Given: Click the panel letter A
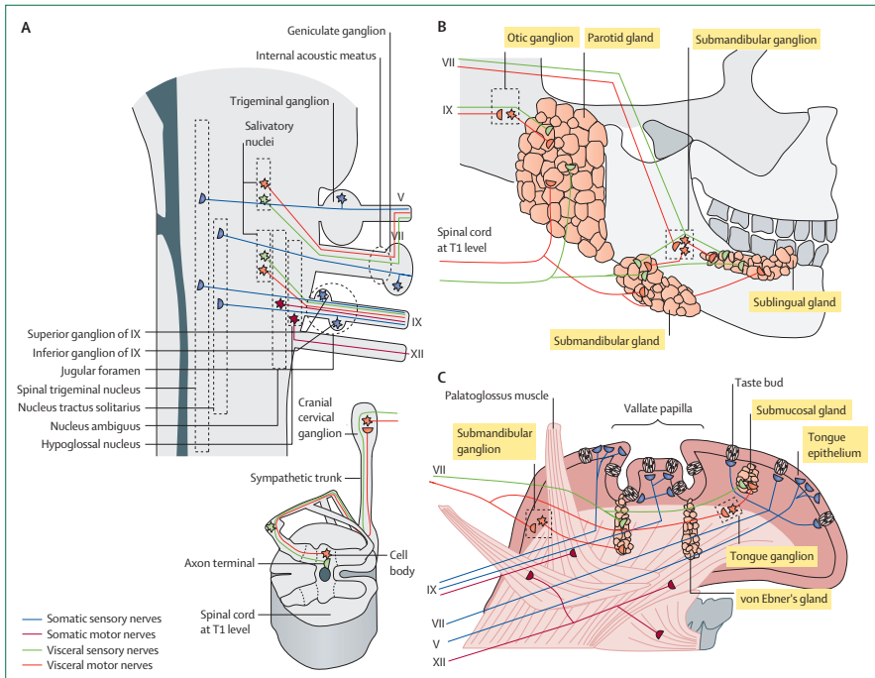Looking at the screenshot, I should tap(26, 27).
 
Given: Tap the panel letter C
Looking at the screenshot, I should tap(442, 377).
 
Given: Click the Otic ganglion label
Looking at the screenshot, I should tap(540, 38).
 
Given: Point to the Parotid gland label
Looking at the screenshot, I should tap(621, 38).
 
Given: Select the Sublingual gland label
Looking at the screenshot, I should tap(794, 302).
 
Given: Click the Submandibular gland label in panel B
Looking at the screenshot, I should tap(604, 341).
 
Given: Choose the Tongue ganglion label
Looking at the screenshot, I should tap(772, 556).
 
